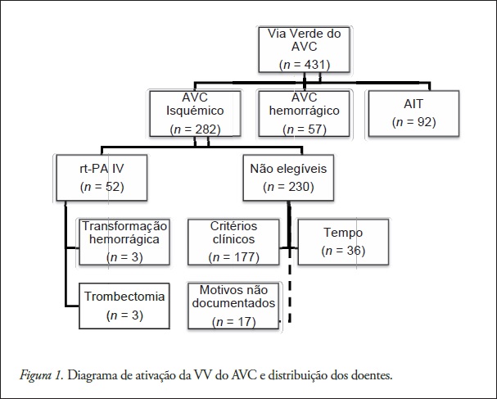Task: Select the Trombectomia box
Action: (x=124, y=304)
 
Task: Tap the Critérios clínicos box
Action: (x=233, y=241)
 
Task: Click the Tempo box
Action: (x=342, y=241)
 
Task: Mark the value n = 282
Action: (x=197, y=129)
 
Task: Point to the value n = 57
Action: (x=305, y=129)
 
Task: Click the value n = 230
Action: (x=289, y=188)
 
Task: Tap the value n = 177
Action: (x=233, y=257)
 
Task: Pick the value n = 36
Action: (x=342, y=250)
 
